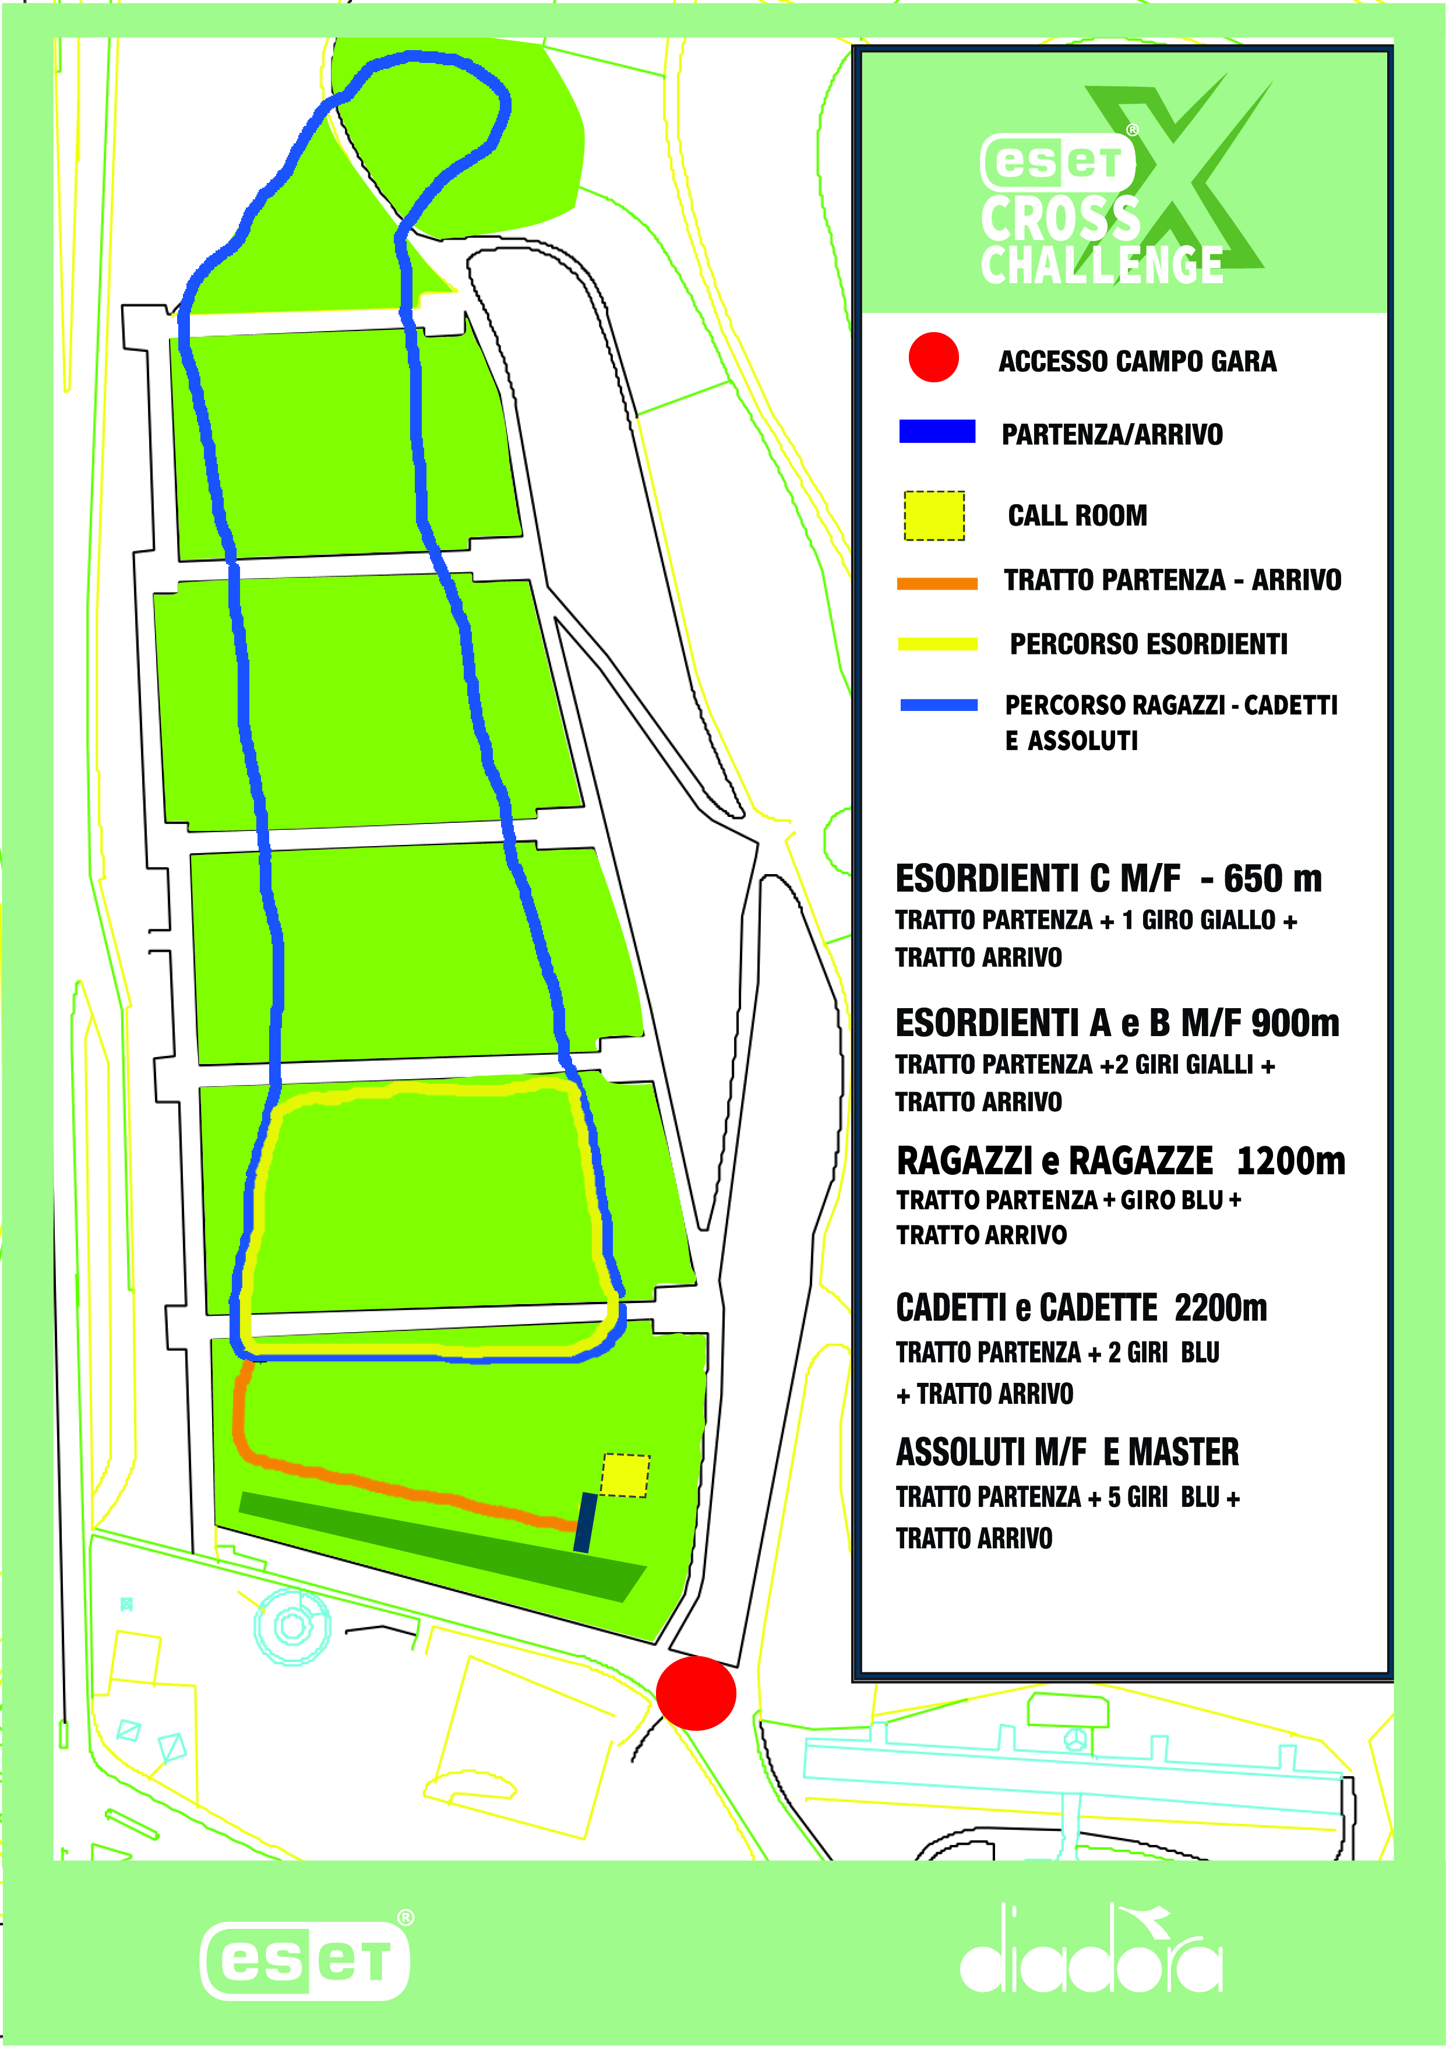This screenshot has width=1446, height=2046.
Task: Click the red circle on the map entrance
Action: tap(696, 1693)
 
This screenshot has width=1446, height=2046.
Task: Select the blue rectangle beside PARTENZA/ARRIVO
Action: tap(937, 431)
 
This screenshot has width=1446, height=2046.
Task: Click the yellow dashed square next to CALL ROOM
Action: tap(934, 515)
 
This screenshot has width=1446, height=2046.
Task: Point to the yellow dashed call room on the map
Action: tap(626, 1475)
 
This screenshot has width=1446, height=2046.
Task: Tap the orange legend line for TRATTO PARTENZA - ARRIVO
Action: tap(937, 584)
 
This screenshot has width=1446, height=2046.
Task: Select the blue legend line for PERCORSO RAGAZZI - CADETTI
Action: tap(939, 705)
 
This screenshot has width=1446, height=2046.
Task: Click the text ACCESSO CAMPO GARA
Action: tap(1137, 362)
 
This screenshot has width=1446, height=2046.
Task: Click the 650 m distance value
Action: tap(1272, 879)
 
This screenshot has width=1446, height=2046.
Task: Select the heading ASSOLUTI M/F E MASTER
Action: tap(1067, 1453)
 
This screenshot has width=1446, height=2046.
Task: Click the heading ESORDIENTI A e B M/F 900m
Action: tap(1116, 1023)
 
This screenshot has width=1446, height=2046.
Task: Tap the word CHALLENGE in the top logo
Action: tap(1102, 266)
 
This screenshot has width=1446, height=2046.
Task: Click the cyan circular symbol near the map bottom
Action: tap(292, 1626)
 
